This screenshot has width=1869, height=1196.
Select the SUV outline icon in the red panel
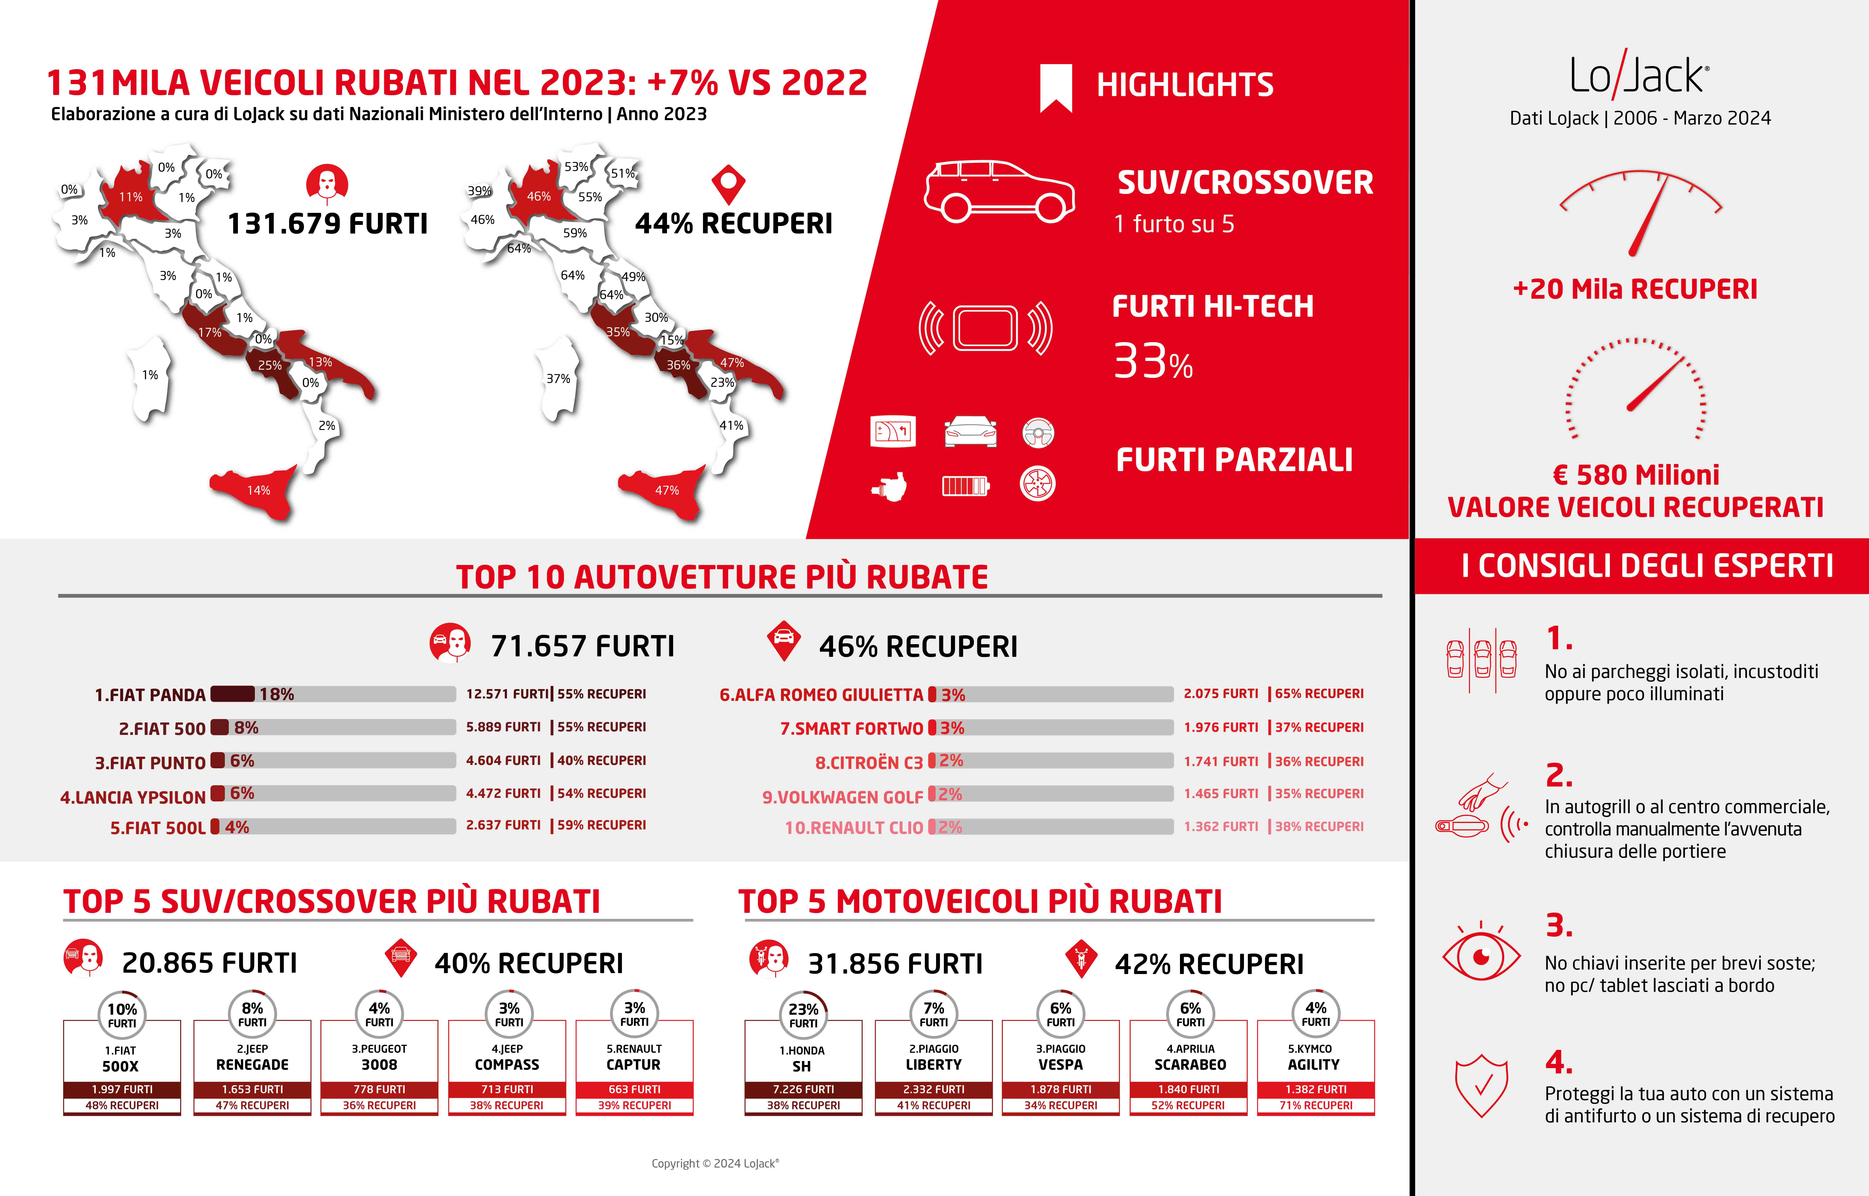pos(999,191)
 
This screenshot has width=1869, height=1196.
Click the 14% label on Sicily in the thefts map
pos(259,490)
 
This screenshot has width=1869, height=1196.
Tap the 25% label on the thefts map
pos(270,365)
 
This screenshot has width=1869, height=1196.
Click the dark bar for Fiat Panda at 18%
pos(232,694)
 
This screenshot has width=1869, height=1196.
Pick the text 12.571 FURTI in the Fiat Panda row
pos(507,694)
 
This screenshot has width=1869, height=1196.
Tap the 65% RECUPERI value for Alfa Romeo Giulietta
pos(1319,694)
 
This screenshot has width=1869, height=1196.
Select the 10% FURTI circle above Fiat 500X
pos(122,1014)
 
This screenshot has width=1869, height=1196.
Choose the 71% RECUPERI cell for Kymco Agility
pos(1316,1105)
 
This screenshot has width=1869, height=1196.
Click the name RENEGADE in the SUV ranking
pos(252,1065)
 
